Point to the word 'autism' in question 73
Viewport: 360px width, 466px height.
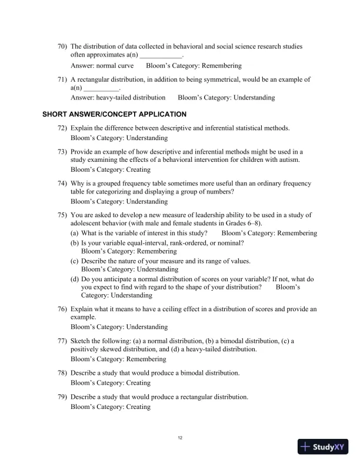pos(288,160)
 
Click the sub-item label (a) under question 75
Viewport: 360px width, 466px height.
pos(75,234)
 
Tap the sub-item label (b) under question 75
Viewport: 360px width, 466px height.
pos(75,242)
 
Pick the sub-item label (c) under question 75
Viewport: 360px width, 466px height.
pos(75,261)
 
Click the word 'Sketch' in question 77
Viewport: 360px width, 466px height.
pos(81,341)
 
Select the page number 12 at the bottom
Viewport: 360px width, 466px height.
pos(180,437)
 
